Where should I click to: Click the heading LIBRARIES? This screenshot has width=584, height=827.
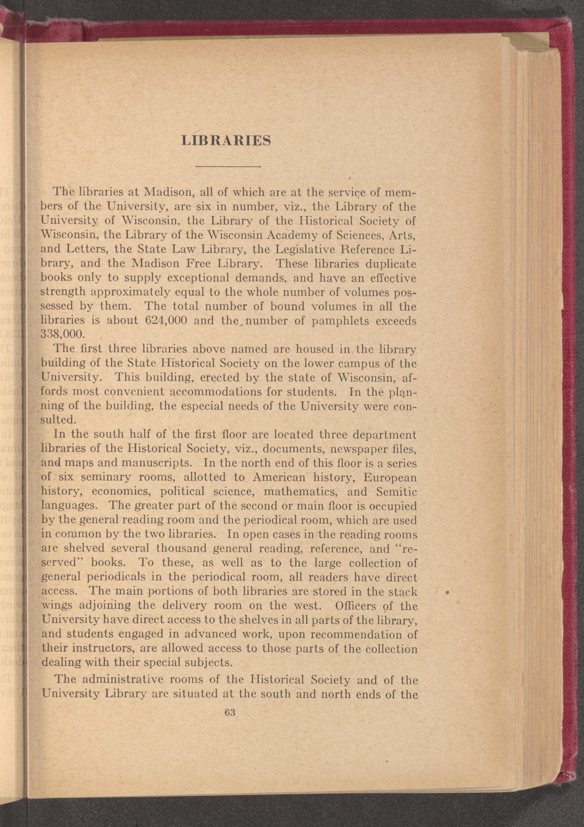(226, 140)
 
